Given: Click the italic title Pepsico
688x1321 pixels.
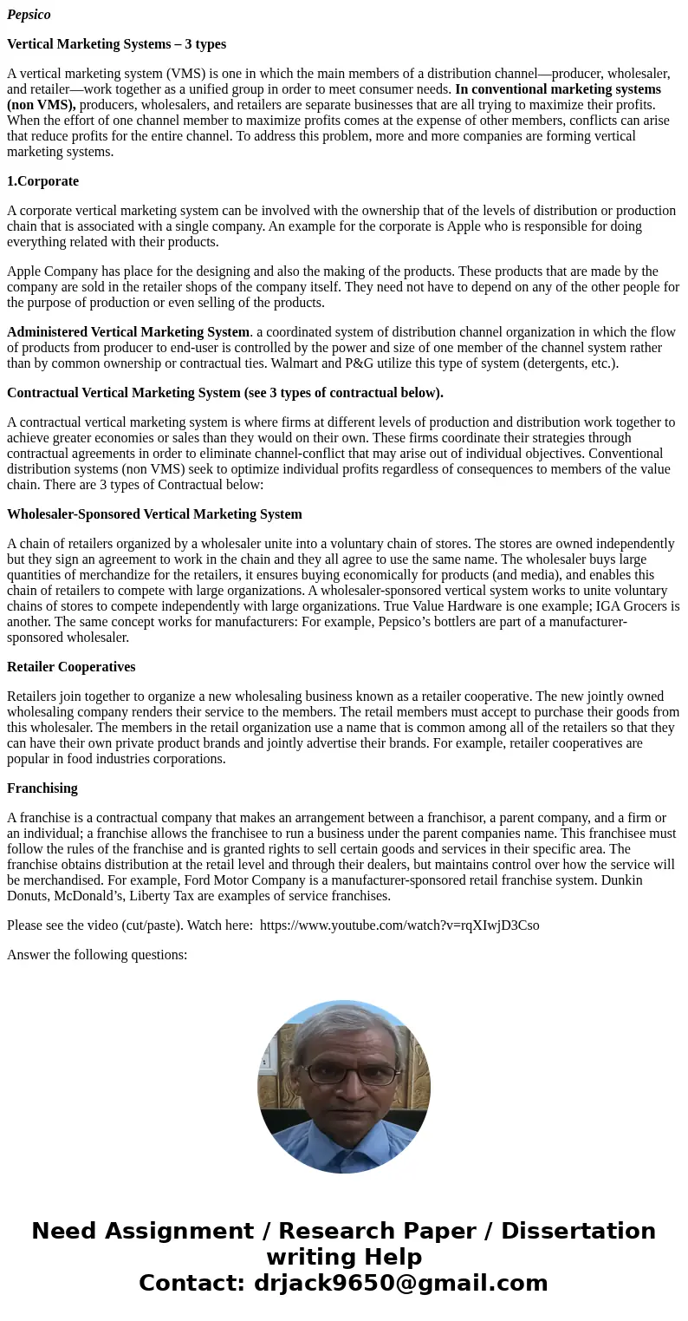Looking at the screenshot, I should coord(29,15).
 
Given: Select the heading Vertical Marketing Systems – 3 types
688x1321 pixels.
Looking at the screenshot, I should coord(116,44).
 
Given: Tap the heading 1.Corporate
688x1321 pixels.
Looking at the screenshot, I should coord(42,181).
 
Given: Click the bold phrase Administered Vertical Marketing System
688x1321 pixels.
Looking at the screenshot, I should coord(128,332).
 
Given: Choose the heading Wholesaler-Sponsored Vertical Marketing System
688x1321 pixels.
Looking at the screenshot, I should coord(154,514).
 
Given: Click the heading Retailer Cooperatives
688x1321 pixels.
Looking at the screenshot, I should coord(71,667).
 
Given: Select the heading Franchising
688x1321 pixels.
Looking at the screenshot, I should coord(42,788).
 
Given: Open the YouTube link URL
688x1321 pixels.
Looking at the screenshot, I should coord(399,925).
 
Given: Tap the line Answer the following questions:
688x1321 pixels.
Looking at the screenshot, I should coord(97,955).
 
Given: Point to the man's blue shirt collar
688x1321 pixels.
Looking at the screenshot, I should coord(345,1145).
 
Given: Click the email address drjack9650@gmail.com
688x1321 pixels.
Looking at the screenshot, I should coord(400,1284).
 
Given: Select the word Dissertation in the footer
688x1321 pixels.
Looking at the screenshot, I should coord(578,1232).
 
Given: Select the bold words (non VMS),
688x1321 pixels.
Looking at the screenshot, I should coord(41,105).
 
